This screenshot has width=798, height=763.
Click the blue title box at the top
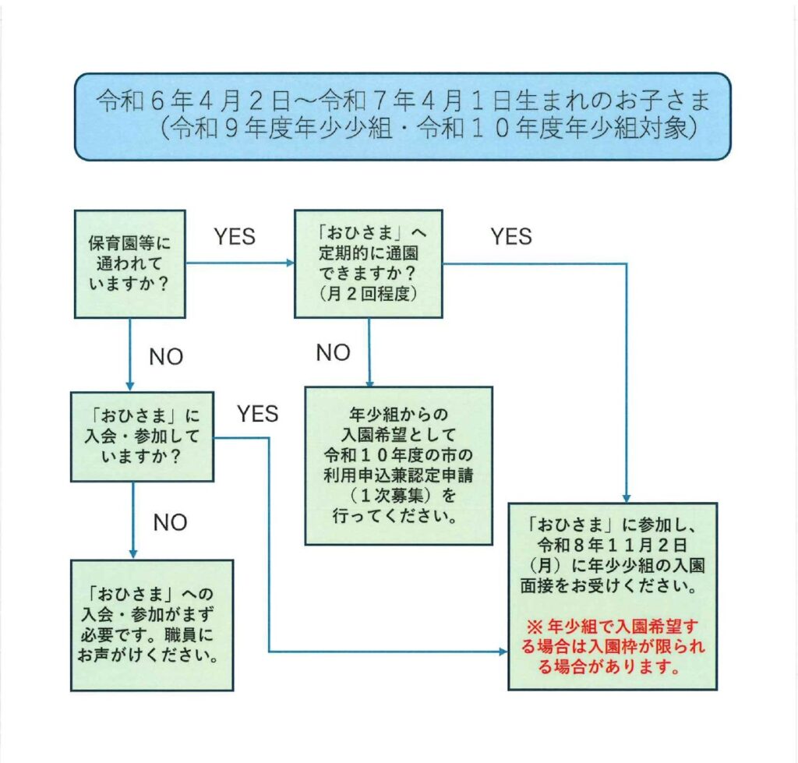403,117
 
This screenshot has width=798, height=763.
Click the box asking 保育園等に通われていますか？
130,264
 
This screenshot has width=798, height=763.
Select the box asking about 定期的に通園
369,263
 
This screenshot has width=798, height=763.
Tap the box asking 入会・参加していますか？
142,436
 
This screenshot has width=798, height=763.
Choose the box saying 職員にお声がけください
152,626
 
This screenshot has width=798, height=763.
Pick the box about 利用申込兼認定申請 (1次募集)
398,466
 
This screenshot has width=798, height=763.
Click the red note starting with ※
613,646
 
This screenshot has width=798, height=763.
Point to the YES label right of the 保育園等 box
235,237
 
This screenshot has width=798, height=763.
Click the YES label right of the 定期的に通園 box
511,237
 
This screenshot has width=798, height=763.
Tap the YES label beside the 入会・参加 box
257,414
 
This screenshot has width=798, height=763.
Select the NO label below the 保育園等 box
166,357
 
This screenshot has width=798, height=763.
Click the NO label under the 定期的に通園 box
333,352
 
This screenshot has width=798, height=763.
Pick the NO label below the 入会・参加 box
170,522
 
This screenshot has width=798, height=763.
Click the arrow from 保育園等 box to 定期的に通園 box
240,263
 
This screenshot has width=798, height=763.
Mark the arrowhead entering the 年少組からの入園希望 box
369,383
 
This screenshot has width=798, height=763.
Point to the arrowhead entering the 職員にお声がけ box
133,555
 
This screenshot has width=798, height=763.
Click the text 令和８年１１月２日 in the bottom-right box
613,545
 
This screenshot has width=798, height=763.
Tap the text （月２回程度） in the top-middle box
369,294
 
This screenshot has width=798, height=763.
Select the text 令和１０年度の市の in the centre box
398,454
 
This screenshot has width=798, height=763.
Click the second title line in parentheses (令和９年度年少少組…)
428,128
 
